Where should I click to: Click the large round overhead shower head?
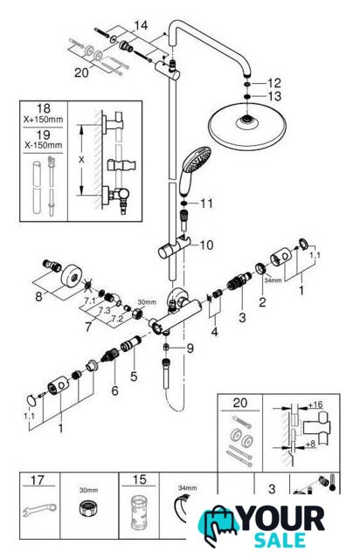pos(246,127)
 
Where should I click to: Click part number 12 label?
pos(274,83)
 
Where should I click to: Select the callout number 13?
pos(274,96)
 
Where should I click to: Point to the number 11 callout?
pos(206,204)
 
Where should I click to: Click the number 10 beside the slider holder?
pos(206,245)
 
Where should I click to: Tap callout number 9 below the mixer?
pos(190,348)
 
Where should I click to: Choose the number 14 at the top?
pos(141,25)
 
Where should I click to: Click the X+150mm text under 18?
pos(43,120)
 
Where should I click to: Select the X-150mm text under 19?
pos(43,145)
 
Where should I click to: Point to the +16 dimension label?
pos(315,404)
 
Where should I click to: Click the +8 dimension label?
pos(310,445)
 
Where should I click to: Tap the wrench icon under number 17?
pos(39,510)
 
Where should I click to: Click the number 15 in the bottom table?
pos(139,480)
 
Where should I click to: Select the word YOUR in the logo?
pos(282,519)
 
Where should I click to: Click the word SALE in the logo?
pos(280,540)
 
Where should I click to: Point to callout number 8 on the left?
pos(38,296)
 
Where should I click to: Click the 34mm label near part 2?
pos(273,280)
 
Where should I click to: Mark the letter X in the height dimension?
pos(81,160)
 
